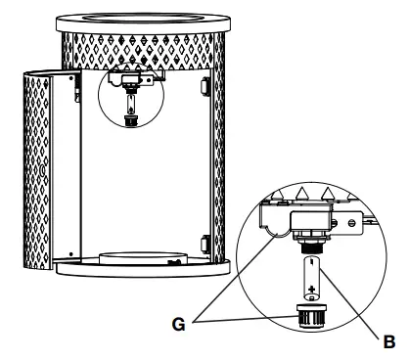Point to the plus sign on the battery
(310, 288)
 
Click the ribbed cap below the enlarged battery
(310, 316)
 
